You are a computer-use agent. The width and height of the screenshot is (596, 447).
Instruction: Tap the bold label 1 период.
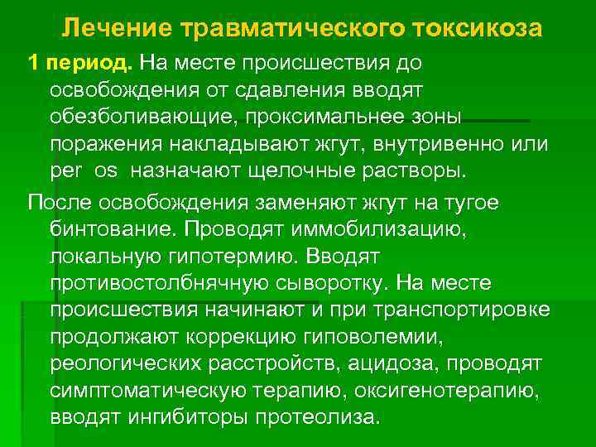click(80, 63)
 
